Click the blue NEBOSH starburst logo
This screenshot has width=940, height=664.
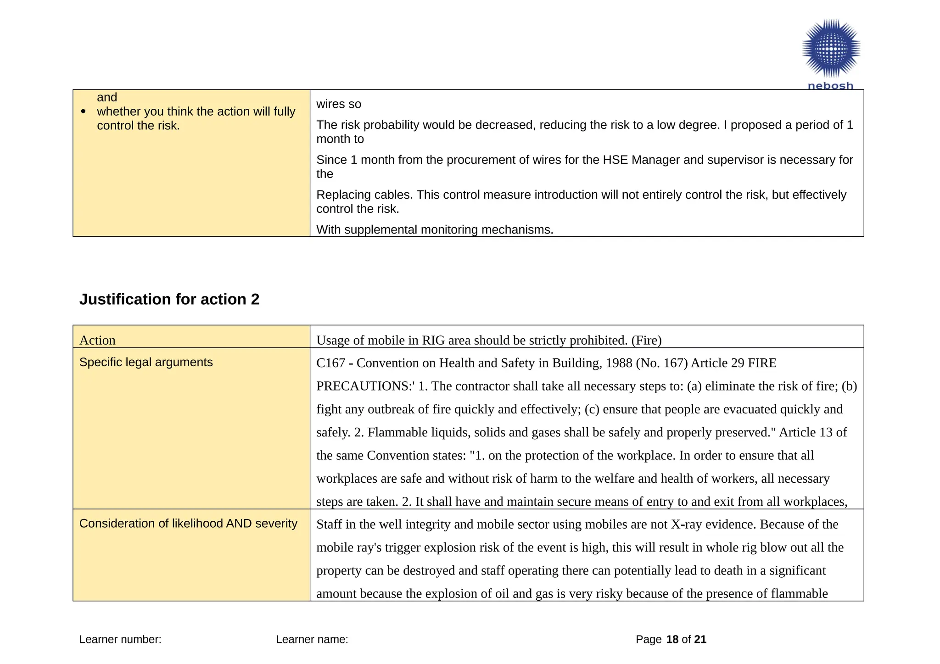tap(831, 48)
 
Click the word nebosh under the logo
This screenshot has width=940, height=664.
tap(830, 86)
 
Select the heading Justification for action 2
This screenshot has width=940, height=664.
tap(169, 299)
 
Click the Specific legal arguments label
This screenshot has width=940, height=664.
tap(146, 362)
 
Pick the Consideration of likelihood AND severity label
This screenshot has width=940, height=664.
tap(188, 523)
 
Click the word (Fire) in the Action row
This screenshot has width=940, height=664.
tap(646, 340)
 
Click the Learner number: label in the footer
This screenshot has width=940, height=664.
tap(120, 639)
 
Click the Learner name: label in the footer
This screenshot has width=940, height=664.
tap(312, 639)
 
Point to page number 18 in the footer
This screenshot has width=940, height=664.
tap(672, 639)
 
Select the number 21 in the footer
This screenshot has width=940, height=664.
tap(700, 639)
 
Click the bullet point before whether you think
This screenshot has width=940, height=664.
tap(83, 112)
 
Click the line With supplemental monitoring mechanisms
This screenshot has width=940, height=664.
tap(435, 229)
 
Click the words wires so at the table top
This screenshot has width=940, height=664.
tap(339, 104)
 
